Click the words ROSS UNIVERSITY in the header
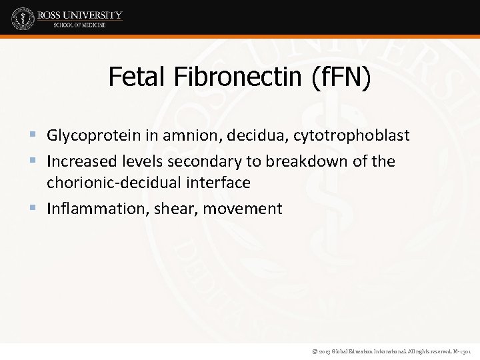(80, 14)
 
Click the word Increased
(77, 161)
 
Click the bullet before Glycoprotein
(35, 137)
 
